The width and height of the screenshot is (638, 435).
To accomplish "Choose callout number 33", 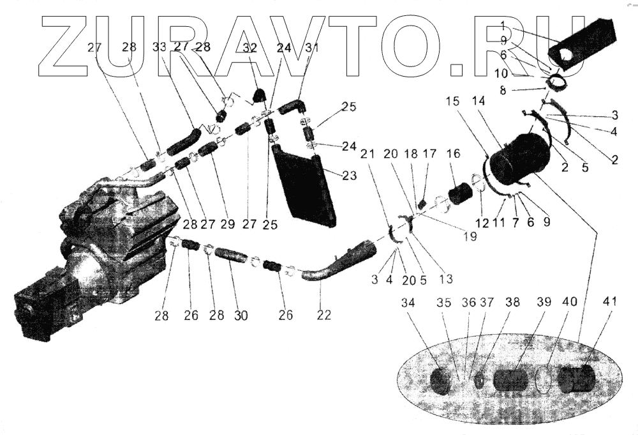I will (x=159, y=47).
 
